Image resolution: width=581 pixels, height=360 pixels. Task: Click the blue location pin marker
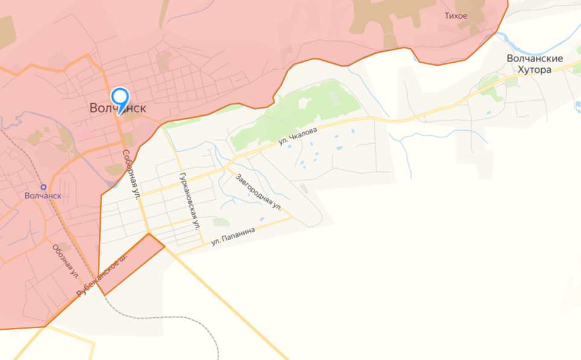click(x=120, y=98)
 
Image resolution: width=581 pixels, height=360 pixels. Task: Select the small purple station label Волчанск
click(x=43, y=196)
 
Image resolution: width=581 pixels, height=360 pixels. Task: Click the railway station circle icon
click(x=43, y=186)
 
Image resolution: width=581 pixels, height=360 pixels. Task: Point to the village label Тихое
click(x=456, y=16)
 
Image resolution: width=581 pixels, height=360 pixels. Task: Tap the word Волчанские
click(x=535, y=59)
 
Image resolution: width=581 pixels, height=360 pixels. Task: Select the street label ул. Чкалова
click(x=299, y=133)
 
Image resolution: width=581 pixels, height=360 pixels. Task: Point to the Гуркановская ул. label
click(x=188, y=200)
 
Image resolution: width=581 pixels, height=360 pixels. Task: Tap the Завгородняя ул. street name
click(x=259, y=192)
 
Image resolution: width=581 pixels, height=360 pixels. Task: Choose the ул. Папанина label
click(x=233, y=236)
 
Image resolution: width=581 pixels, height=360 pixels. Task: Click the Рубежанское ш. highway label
click(x=103, y=275)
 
